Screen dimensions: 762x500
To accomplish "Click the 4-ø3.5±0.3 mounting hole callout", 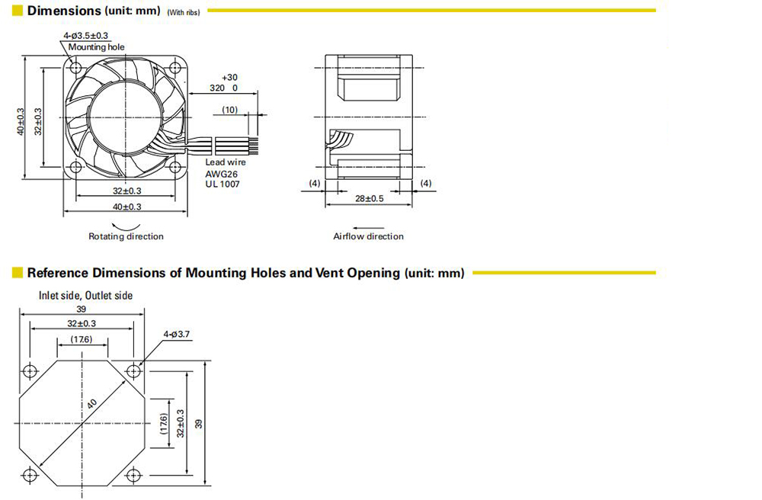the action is [85, 36].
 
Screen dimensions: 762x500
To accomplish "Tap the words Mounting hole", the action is [96, 47].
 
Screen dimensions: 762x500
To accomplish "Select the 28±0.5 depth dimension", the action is [370, 198].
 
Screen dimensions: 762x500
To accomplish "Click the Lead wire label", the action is [226, 162].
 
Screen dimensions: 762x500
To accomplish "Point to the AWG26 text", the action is [221, 174].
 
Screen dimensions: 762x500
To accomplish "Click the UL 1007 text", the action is [222, 184].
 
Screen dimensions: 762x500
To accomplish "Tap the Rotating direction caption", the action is [126, 236].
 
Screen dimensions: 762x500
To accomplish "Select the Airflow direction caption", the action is [368, 236].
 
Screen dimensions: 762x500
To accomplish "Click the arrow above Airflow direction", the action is [368, 227].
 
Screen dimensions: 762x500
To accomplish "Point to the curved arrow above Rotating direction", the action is [126, 227].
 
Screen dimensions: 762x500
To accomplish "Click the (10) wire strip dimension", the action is [230, 110].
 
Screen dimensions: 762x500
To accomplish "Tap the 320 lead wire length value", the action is [216, 88].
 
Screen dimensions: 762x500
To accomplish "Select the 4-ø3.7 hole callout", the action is [177, 335].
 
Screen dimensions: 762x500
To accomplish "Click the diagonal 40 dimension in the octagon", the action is [92, 404].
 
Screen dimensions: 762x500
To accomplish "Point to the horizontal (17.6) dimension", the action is [82, 339].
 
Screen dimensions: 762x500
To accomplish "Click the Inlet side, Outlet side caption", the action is [85, 296].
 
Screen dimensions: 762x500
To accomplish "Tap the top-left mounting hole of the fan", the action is [75, 66].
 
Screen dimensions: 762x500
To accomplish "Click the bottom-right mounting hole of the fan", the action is [175, 168].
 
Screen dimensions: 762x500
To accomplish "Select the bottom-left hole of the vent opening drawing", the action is [30, 475].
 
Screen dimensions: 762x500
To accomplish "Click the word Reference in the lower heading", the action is [58, 273].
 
